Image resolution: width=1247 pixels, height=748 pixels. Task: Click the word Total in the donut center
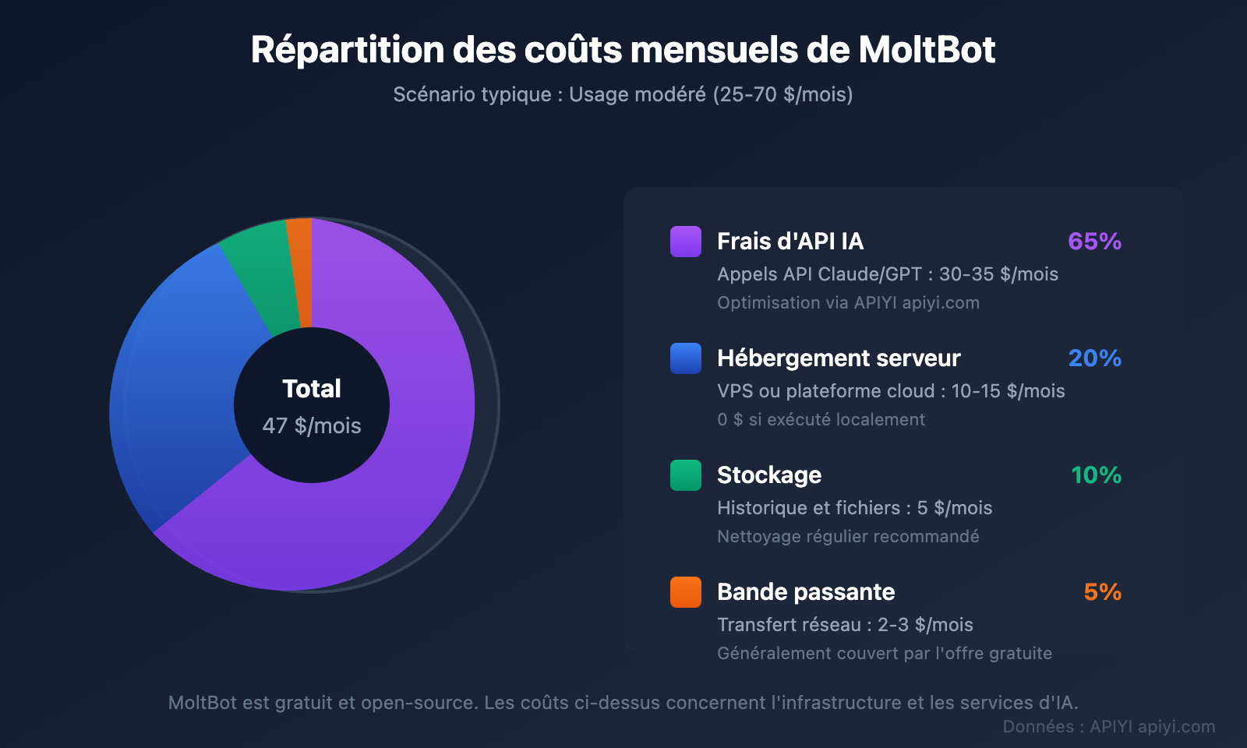(x=312, y=389)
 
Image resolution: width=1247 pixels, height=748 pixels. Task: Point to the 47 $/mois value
(x=312, y=425)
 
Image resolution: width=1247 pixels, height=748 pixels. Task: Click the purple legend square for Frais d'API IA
(x=686, y=242)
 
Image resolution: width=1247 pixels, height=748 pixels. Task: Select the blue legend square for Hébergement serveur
(x=686, y=358)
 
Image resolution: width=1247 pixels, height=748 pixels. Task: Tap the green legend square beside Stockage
(x=686, y=475)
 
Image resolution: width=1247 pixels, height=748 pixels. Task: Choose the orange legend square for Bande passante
(x=686, y=592)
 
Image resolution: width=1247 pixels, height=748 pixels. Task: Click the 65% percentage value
(x=1094, y=242)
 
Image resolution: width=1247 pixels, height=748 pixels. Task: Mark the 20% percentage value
(x=1094, y=358)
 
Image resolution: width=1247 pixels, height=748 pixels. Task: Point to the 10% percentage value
(x=1096, y=475)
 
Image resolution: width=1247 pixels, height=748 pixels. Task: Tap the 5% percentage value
(x=1102, y=592)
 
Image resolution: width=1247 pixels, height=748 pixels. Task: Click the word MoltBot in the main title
(x=927, y=50)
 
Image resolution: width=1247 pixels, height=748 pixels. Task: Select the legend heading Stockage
(x=769, y=475)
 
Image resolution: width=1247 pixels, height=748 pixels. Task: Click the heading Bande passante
(x=806, y=592)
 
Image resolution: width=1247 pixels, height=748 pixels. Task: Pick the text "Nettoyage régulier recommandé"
(x=848, y=537)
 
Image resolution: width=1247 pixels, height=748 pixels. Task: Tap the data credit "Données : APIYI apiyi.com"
(x=1108, y=727)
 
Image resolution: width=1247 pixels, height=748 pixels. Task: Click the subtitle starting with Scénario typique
(x=623, y=95)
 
